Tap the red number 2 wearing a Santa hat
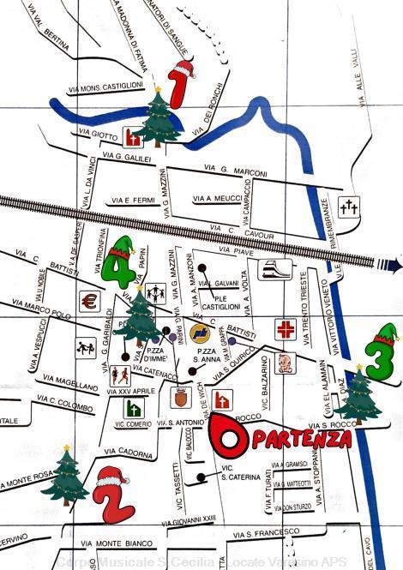point(113,495)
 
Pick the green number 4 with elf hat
point(120,261)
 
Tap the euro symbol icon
point(88,302)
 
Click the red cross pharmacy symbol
point(284,329)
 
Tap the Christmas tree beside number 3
point(357,394)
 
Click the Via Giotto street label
point(96,135)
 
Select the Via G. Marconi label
point(236,171)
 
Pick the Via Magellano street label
point(72,382)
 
